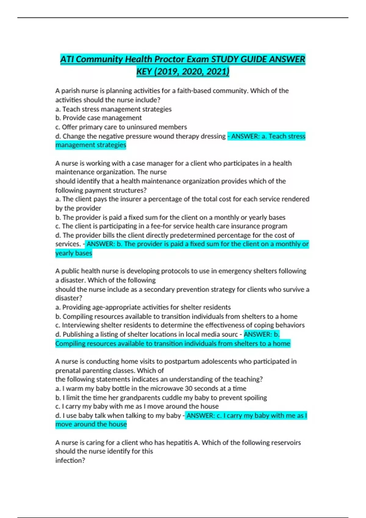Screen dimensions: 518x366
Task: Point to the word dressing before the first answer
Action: tap(213, 136)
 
